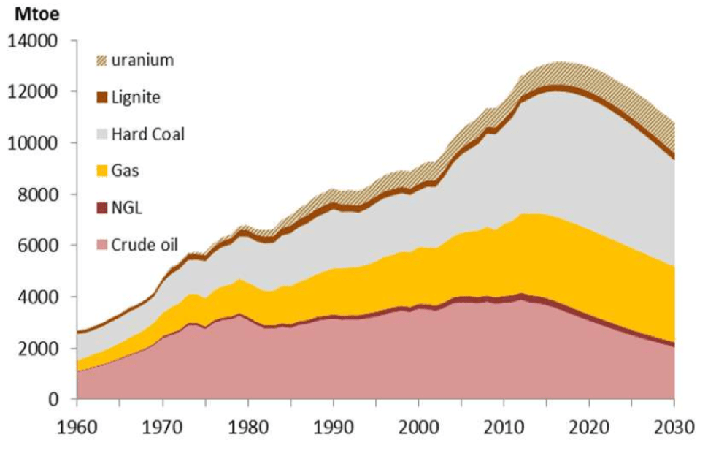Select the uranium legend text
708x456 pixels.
tap(143, 60)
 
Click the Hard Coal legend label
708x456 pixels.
tap(148, 134)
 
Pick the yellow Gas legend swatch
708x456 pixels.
tap(102, 171)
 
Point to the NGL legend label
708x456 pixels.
tap(128, 208)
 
